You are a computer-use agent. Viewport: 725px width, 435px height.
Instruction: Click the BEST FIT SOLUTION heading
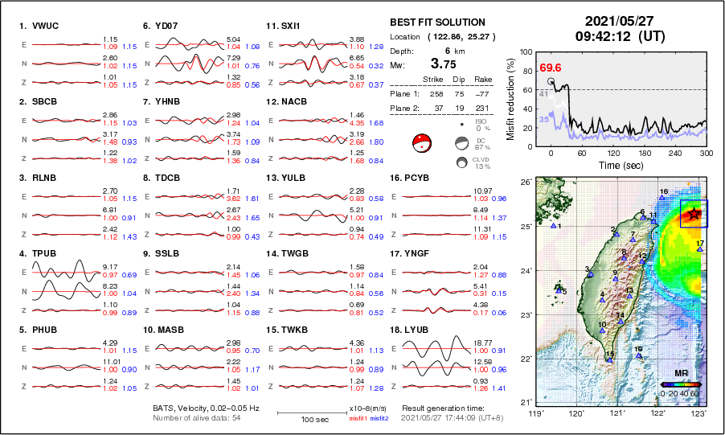click(x=437, y=23)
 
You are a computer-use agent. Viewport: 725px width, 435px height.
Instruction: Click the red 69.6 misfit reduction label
click(x=551, y=68)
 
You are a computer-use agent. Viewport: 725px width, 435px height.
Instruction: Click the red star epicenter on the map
click(x=694, y=213)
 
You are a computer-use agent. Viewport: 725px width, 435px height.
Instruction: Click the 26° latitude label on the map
click(x=524, y=183)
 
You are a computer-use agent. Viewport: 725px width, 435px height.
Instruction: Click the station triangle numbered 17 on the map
click(x=699, y=249)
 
